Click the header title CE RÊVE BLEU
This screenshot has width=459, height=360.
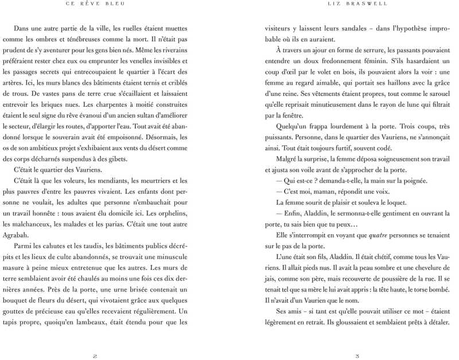pyautogui.click(x=95, y=5)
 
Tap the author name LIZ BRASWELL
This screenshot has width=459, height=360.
pyautogui.click(x=357, y=5)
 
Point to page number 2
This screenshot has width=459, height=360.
pyautogui.click(x=95, y=356)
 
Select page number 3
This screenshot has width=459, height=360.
pyautogui.click(x=357, y=356)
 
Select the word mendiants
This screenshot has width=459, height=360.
pyautogui.click(x=117, y=180)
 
